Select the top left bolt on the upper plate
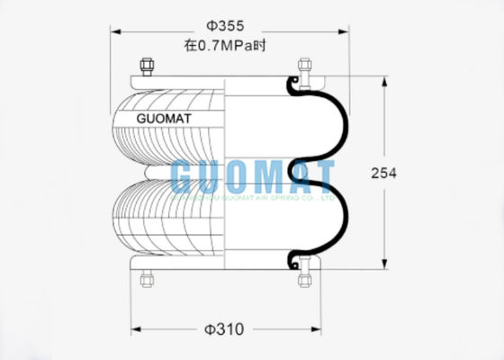tap(146, 67)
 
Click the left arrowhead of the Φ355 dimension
tap(114, 33)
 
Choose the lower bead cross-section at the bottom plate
tap(292, 261)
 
